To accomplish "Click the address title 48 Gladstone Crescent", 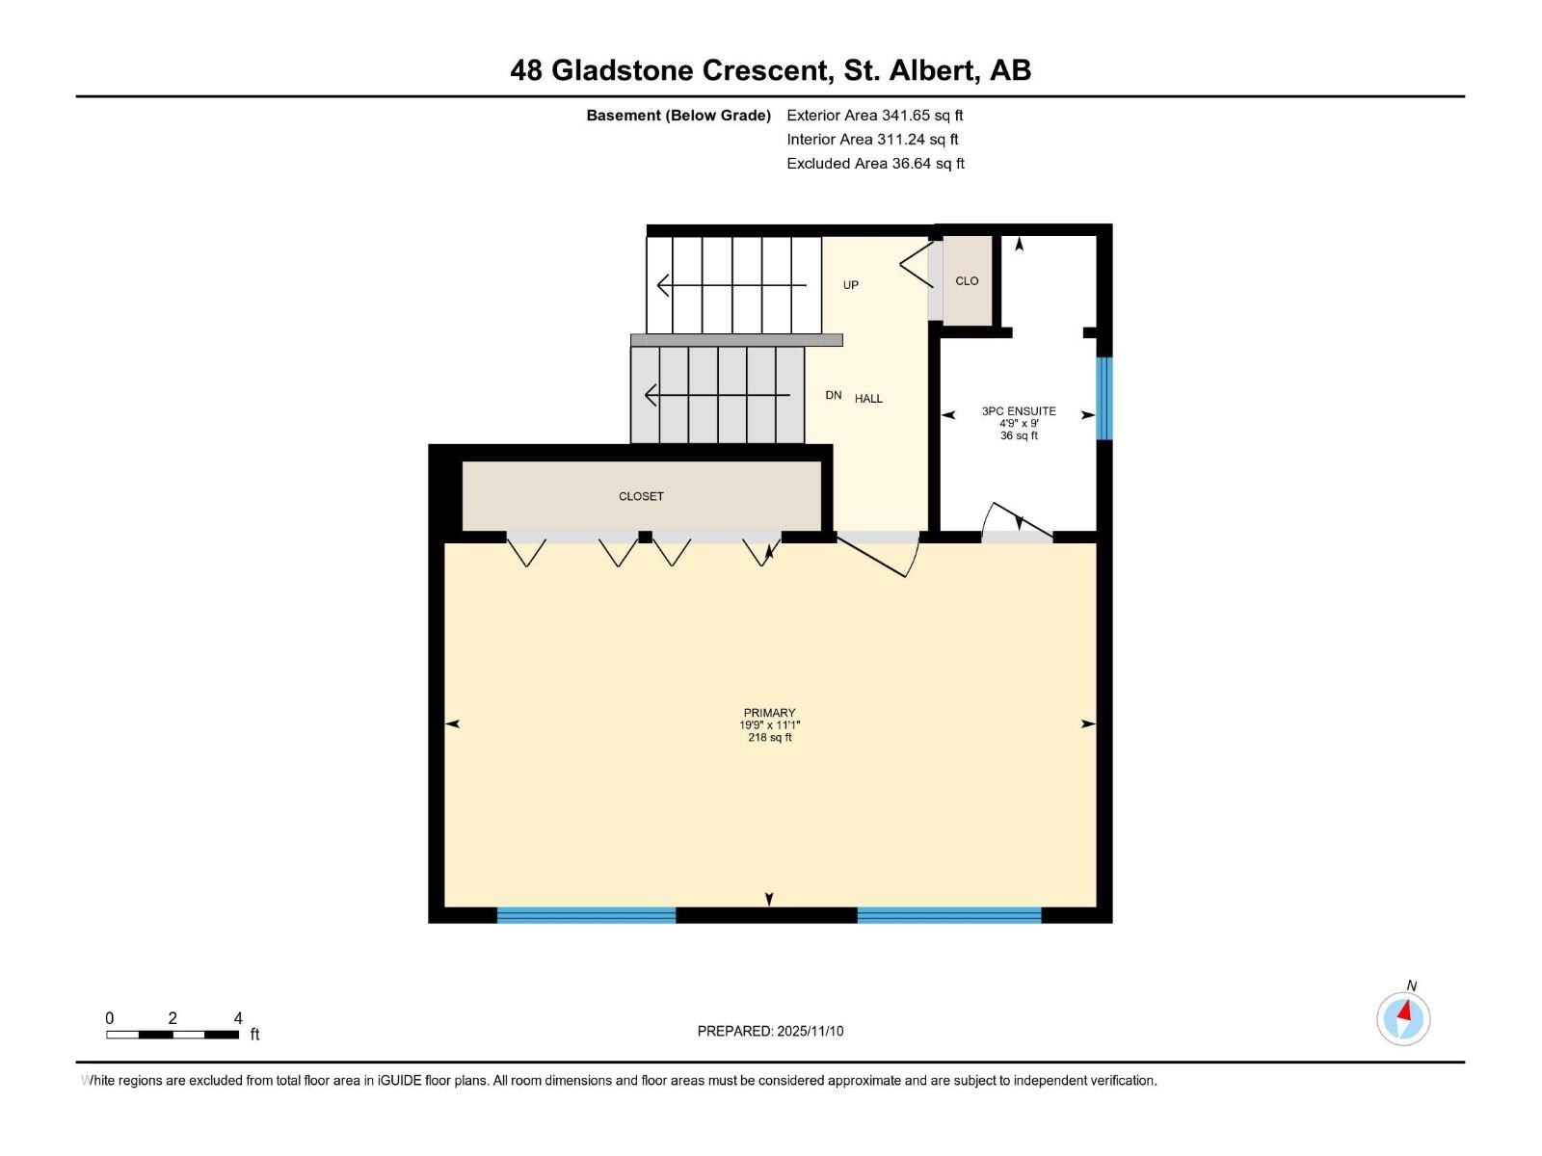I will pyautogui.click(x=770, y=70).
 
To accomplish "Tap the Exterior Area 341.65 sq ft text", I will pyautogui.click(x=874, y=116).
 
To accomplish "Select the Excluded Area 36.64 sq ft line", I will pyautogui.click(x=874, y=164).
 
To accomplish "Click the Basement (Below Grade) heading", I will pyautogui.click(x=678, y=116).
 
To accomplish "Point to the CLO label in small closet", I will pyautogui.click(x=967, y=281).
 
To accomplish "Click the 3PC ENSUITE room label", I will pyautogui.click(x=1019, y=411).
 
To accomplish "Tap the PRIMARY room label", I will pyautogui.click(x=769, y=713).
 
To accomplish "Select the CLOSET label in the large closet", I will pyautogui.click(x=641, y=496).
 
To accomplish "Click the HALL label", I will pyautogui.click(x=868, y=399).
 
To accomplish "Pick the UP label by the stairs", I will pyautogui.click(x=850, y=285).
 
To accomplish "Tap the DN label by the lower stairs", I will pyautogui.click(x=834, y=396).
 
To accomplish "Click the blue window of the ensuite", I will pyautogui.click(x=1104, y=399).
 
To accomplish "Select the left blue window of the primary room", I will pyautogui.click(x=586, y=915).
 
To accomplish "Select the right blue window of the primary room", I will pyautogui.click(x=949, y=915).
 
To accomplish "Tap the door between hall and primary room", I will pyautogui.click(x=875, y=557).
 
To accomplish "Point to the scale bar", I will pyautogui.click(x=173, y=1035).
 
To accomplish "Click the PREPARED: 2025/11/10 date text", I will pyautogui.click(x=770, y=1031).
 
